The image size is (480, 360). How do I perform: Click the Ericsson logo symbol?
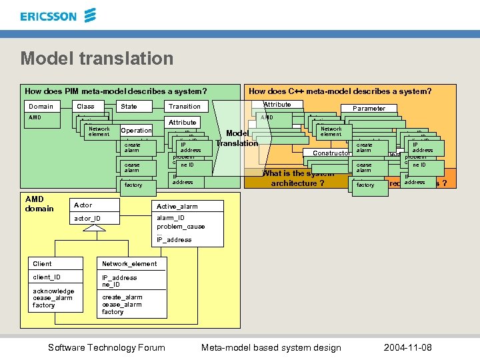(89, 15)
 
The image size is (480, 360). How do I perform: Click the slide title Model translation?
(97, 59)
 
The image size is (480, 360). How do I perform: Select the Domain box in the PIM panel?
(41, 106)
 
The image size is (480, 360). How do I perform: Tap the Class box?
(86, 106)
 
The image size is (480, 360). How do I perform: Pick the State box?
(129, 106)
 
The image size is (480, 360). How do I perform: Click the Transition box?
(185, 107)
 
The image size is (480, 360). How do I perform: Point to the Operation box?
(136, 131)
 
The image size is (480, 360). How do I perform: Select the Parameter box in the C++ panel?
(369, 108)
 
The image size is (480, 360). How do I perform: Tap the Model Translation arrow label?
(237, 138)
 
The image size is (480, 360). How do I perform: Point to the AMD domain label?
(39, 204)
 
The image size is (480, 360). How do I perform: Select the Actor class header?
(83, 205)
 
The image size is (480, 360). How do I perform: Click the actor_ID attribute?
(87, 219)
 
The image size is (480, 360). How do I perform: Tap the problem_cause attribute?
(181, 226)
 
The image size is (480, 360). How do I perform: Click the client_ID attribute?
(47, 277)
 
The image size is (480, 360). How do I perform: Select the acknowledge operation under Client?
(53, 291)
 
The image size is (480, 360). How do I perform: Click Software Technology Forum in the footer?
(107, 347)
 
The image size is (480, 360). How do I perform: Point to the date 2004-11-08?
(407, 347)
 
